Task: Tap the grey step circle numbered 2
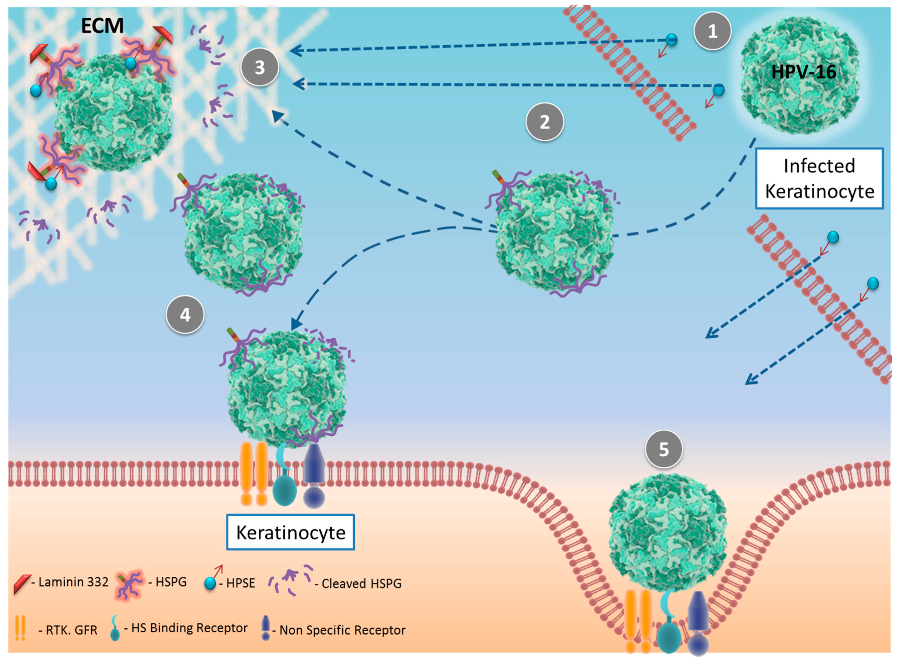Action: (544, 122)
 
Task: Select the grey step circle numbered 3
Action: (260, 67)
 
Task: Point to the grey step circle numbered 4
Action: (185, 315)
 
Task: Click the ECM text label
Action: (102, 26)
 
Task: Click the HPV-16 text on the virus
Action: (803, 72)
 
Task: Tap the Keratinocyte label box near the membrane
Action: (290, 532)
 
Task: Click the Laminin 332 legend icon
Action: (22, 583)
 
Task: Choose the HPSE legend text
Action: (240, 583)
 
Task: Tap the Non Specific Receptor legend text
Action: (342, 630)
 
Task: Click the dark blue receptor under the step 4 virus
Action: (314, 476)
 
